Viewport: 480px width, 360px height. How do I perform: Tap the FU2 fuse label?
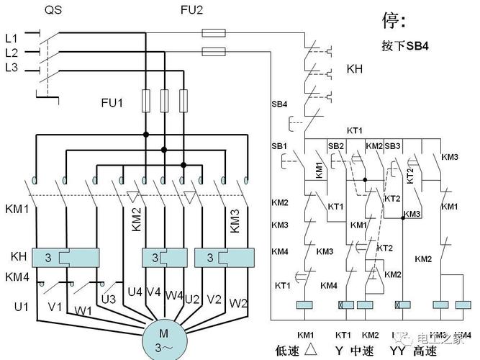coord(191,11)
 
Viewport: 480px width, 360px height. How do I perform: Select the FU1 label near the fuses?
coord(112,103)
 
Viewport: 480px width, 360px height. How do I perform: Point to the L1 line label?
coord(11,36)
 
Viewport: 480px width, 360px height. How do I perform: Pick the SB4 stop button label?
coord(279,104)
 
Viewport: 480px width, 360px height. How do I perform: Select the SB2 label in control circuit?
coord(336,146)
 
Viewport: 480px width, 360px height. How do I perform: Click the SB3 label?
coord(392,146)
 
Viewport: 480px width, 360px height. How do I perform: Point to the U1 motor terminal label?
coord(22,307)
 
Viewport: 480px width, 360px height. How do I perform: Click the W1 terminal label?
coord(83,310)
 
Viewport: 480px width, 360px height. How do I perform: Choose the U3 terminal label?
coord(109,299)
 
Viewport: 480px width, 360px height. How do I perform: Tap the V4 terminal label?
coord(153,292)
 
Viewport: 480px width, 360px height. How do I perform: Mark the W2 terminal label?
coord(238,303)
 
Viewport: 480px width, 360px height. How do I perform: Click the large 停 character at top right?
coord(392,20)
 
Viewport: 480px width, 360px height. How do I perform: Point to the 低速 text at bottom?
coord(268,351)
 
